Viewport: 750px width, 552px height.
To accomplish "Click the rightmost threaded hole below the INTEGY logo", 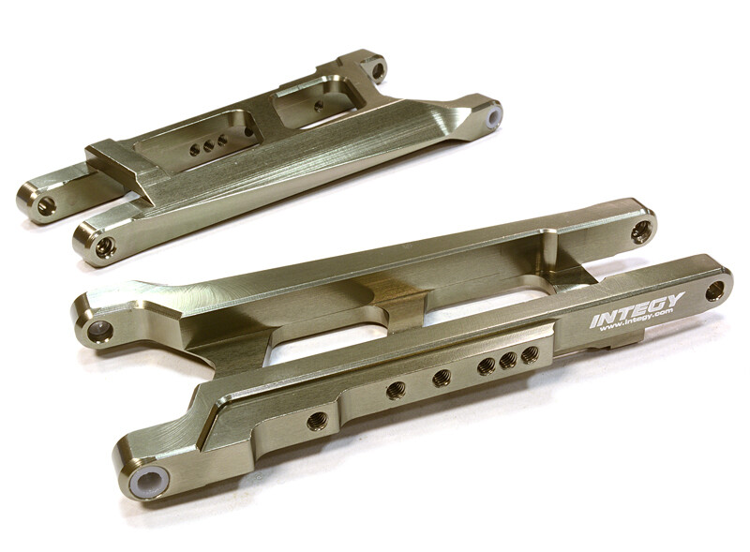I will [x=530, y=354].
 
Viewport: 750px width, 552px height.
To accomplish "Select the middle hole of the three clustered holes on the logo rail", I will [x=509, y=360].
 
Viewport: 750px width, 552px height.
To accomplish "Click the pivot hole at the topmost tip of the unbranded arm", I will [x=378, y=70].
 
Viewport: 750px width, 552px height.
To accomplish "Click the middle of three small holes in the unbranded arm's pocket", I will [x=207, y=145].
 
